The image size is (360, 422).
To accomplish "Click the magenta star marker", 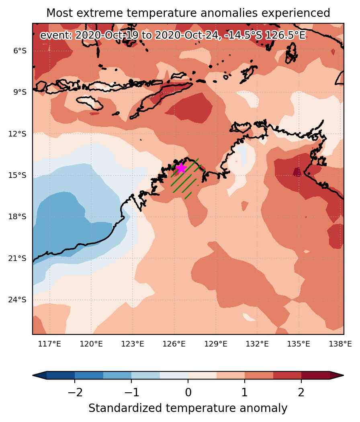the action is (181, 168).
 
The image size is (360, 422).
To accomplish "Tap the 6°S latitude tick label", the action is (20, 51).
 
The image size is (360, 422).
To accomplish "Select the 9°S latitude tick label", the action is (20, 92).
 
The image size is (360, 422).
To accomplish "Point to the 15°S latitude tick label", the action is (18, 175).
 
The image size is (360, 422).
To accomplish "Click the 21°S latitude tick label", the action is (18, 258).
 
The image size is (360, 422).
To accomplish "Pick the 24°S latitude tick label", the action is (18, 300).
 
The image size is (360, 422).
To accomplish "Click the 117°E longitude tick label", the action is (49, 344).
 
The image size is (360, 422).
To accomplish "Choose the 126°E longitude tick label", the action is (174, 344).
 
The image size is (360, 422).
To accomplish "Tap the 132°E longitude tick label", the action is (257, 344).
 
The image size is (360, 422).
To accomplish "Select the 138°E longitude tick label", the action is (340, 344).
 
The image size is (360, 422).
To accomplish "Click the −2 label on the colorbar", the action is (75, 393).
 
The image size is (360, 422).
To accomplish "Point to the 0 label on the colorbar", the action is (188, 393).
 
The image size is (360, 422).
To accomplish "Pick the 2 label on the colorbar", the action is (301, 393).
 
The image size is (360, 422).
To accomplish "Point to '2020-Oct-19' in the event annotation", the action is (106, 35).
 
